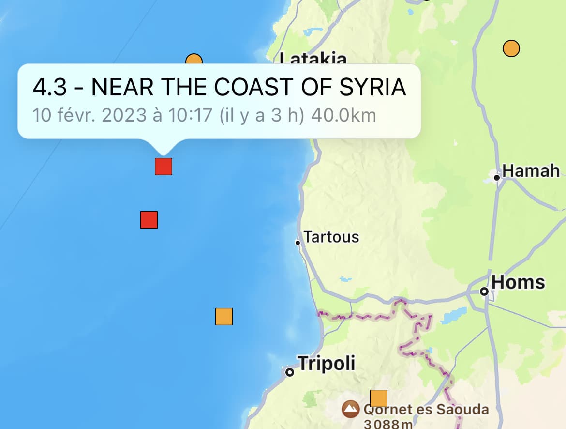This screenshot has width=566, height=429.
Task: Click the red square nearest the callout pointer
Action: point(164,166)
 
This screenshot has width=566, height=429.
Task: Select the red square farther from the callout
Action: point(149,220)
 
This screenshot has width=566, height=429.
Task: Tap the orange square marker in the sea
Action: point(224,317)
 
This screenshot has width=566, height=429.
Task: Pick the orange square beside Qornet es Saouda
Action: point(379,398)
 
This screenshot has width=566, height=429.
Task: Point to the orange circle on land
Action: point(511,48)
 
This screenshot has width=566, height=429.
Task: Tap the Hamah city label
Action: point(531,171)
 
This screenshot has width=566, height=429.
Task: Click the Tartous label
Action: point(331,237)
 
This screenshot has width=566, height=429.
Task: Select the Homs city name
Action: point(518,282)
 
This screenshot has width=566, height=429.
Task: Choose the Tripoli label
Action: point(326,363)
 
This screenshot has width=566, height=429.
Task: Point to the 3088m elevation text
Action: point(387,424)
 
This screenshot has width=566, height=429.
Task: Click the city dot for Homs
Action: point(484,291)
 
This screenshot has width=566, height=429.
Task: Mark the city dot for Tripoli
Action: point(289,372)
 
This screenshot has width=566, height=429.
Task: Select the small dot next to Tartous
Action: point(298,243)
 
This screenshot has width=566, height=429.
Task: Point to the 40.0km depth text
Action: point(343,115)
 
